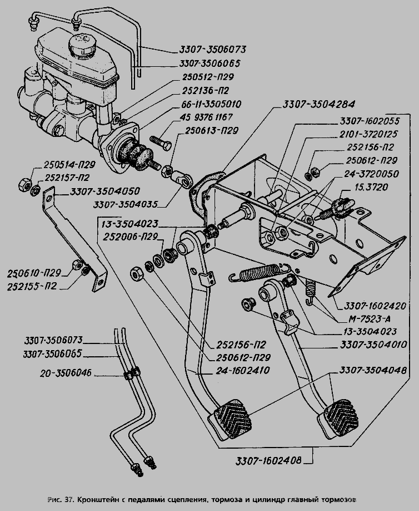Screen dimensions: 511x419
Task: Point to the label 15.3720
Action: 390,187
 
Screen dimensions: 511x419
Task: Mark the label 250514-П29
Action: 70,165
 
